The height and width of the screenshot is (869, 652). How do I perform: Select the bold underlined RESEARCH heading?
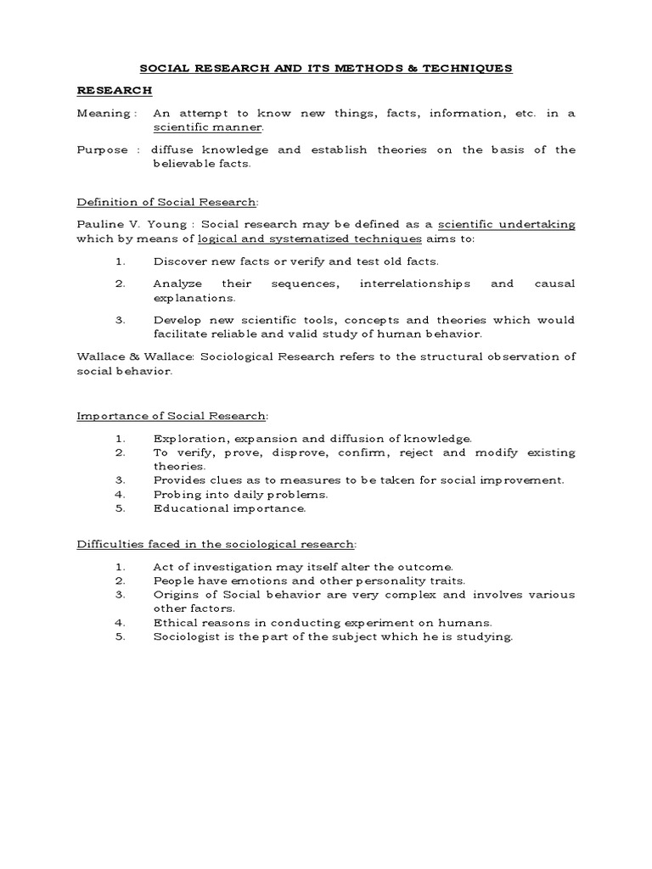click(x=115, y=89)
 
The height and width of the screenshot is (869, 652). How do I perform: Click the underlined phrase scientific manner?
click(x=208, y=126)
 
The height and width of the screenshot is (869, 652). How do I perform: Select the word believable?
click(x=190, y=164)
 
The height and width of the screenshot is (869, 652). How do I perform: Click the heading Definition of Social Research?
click(x=166, y=202)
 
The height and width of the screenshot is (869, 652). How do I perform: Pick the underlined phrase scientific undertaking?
click(x=506, y=225)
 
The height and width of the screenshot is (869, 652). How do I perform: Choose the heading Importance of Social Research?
click(x=172, y=416)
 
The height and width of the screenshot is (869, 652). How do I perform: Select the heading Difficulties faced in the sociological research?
click(x=216, y=543)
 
